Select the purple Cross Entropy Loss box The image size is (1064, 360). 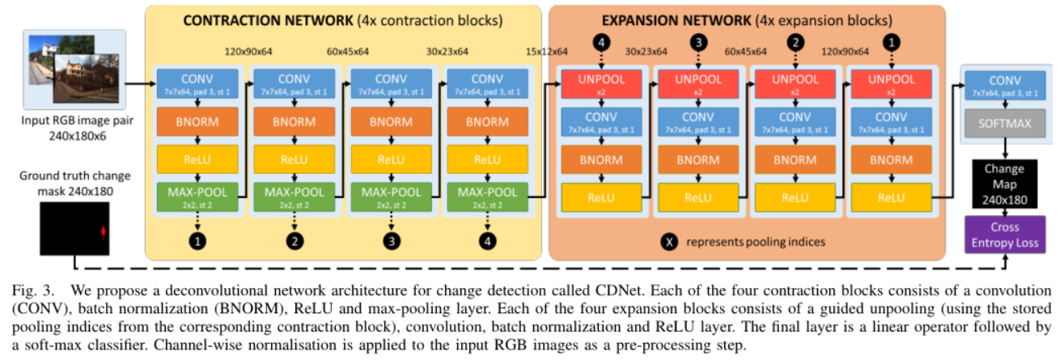click(1004, 234)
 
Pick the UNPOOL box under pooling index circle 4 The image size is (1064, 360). click(600, 84)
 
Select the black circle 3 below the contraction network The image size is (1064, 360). click(391, 241)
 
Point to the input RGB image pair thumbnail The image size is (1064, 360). click(74, 68)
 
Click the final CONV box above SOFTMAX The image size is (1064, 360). click(1004, 84)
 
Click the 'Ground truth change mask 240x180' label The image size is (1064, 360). click(74, 182)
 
